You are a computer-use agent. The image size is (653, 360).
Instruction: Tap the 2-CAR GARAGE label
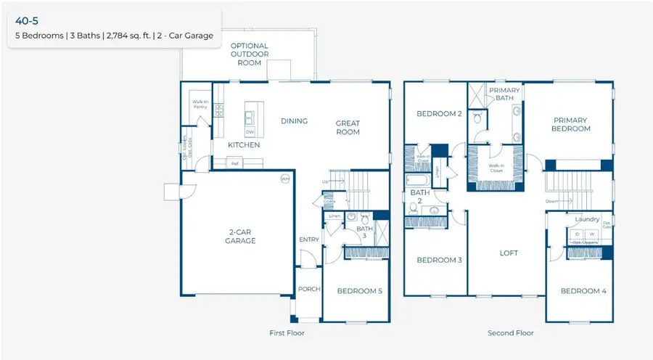pos(239,236)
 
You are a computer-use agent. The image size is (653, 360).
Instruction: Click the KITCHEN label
pos(244,145)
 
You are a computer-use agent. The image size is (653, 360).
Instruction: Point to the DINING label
pos(294,121)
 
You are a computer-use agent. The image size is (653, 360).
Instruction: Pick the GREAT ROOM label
pos(348,128)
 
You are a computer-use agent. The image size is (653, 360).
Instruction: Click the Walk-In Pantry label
pos(200,105)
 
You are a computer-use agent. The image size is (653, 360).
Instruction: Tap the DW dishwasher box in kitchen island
pos(250,132)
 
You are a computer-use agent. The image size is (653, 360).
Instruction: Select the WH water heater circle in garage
pos(284,179)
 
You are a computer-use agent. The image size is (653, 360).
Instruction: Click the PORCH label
pos(309,289)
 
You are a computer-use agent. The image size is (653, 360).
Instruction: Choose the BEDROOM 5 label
pos(359,291)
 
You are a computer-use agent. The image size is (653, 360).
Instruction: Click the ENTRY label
pos(309,240)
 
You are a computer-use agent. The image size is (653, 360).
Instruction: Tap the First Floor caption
pos(287,333)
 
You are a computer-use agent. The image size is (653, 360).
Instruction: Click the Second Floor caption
pos(511,333)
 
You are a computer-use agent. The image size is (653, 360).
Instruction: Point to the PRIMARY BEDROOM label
pos(570,125)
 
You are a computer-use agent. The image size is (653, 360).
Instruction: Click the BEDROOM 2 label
pos(439,114)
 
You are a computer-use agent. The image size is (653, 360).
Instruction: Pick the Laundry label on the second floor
pos(586,218)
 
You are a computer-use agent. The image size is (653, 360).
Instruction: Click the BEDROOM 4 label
pos(583,291)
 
